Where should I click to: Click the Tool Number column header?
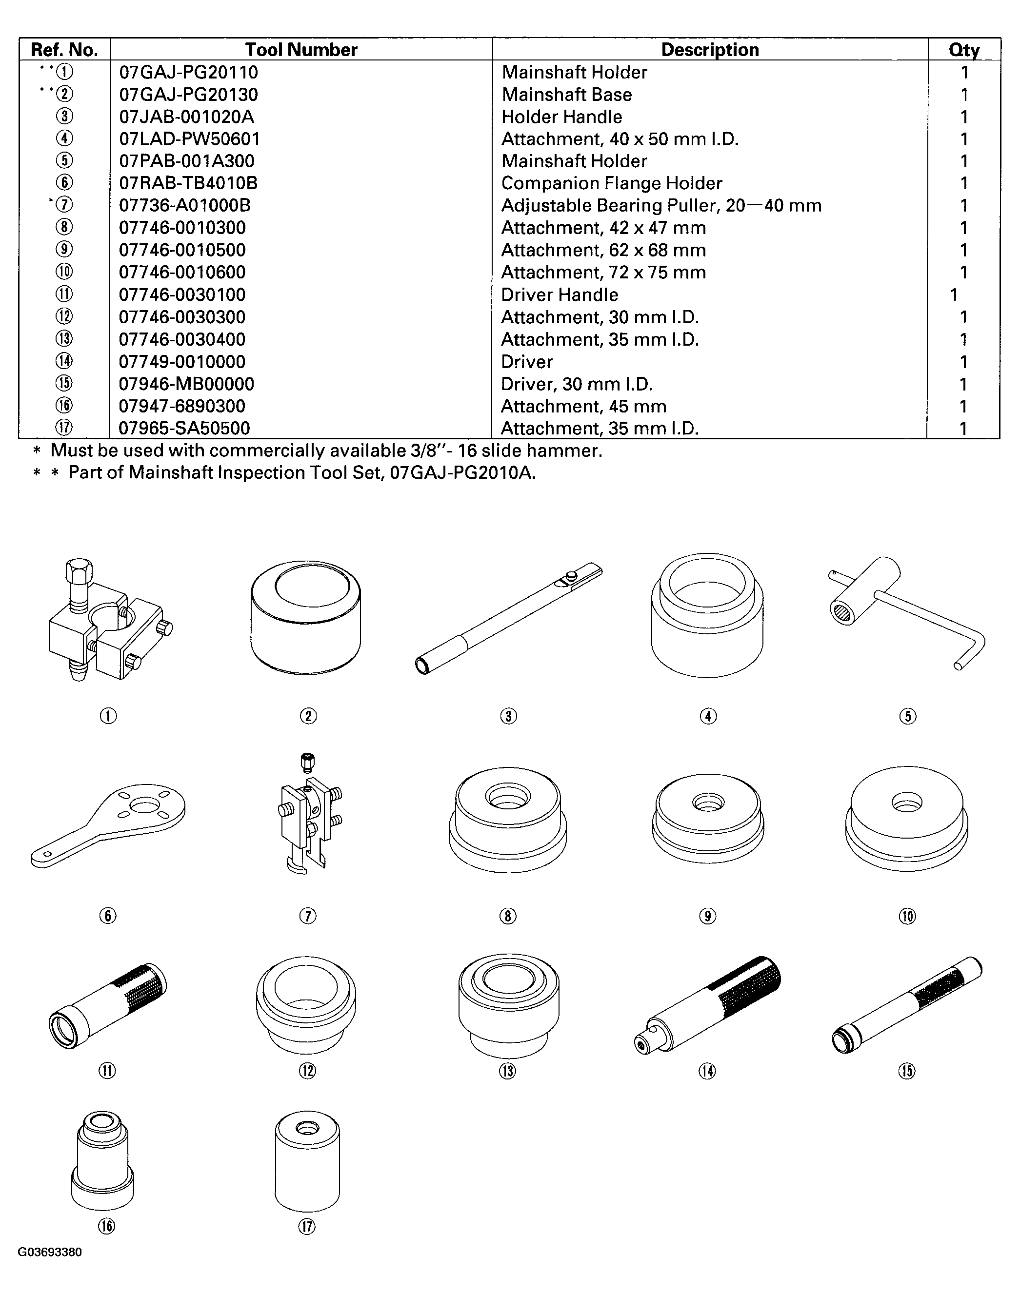[x=301, y=50]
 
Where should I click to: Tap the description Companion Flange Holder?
[x=612, y=183]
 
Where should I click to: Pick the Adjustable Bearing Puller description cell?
[x=661, y=205]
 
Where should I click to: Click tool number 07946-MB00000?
[x=186, y=384]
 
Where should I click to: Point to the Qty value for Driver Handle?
[x=954, y=294]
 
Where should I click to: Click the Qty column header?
[x=964, y=50]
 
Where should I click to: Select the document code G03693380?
[x=50, y=1252]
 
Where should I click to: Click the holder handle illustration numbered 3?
[x=508, y=618]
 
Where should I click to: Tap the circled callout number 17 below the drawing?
[x=307, y=1226]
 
